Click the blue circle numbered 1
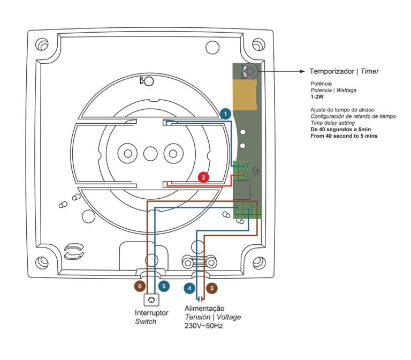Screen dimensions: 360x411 coord(226,114)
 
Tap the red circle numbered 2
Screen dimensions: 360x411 coord(203,177)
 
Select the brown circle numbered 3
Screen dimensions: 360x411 coord(212,288)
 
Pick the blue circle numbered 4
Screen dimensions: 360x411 coord(189,288)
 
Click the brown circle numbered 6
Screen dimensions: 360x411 coord(140,286)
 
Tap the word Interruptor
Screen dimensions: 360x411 coord(151,312)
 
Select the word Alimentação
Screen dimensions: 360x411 coord(204,309)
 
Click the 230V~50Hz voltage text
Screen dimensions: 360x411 coord(203,325)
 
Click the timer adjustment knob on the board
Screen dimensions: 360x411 coord(249,71)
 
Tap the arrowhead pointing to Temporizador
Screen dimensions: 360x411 coord(302,71)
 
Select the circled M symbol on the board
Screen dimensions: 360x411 coord(256,170)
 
